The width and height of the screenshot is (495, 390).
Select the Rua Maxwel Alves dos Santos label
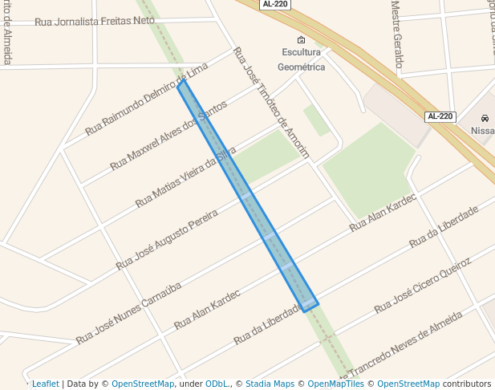coord(168,137)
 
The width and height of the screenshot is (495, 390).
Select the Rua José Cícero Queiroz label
coord(422,286)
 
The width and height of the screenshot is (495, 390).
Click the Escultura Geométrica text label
coord(301,59)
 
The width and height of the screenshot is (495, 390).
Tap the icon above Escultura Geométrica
coord(301,40)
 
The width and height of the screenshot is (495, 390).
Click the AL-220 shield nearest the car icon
coord(440,116)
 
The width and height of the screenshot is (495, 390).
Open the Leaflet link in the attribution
coord(45,384)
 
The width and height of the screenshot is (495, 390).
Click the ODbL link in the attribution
coord(215,384)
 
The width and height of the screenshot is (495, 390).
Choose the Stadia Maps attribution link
coord(269,384)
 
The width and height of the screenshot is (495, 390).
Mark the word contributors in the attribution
coord(467,384)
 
